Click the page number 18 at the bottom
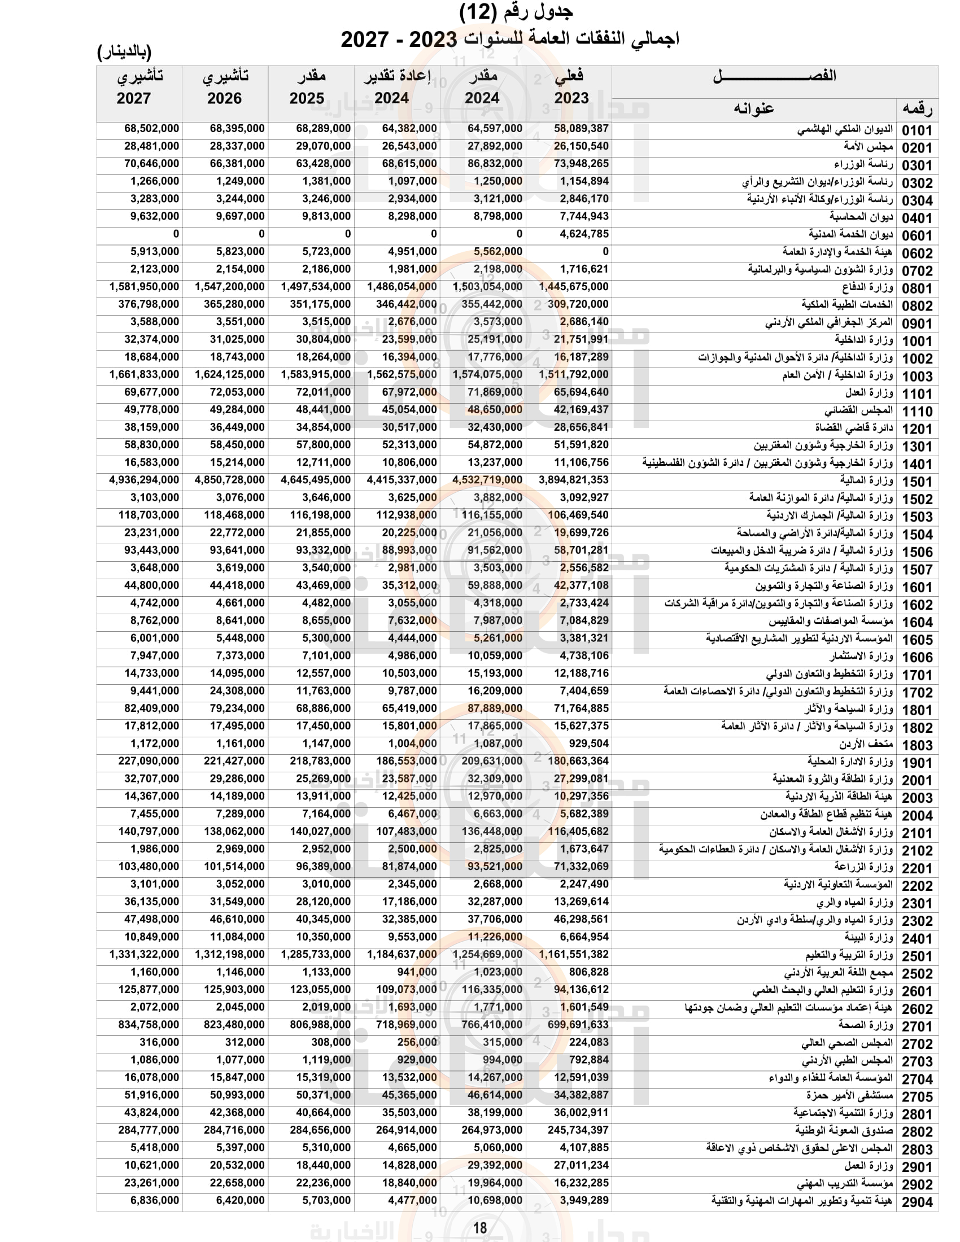(480, 1228)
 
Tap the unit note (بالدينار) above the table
(125, 53)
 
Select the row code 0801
(917, 288)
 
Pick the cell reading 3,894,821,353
(573, 480)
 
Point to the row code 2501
(917, 956)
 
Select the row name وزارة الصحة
(865, 1025)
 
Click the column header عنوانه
(753, 108)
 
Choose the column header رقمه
(917, 108)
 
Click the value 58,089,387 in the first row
(581, 129)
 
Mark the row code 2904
(917, 1201)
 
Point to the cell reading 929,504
(588, 744)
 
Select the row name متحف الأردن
(866, 744)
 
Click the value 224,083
(588, 1042)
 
